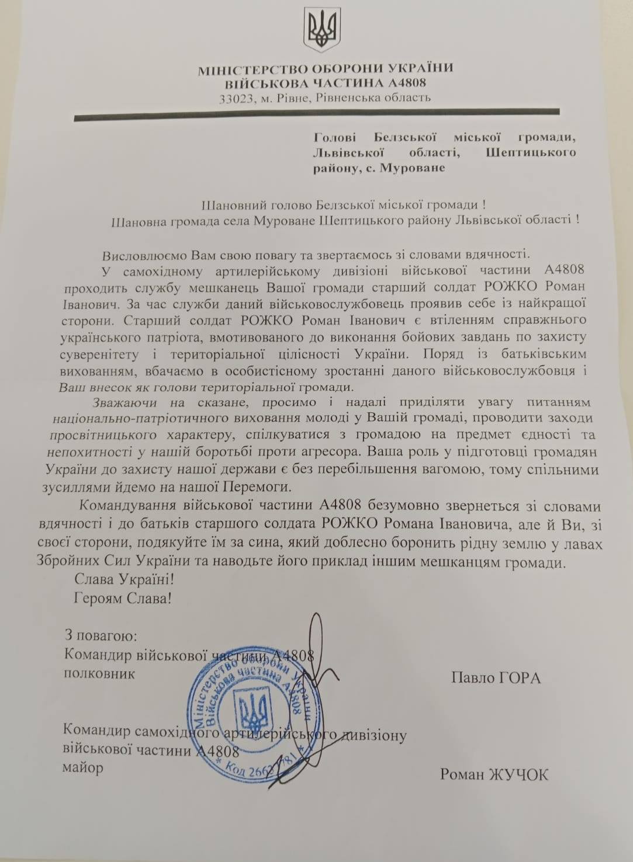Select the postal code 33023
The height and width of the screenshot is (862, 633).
236,99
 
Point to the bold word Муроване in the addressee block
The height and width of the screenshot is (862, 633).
413,168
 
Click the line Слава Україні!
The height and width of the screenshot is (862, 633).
124,580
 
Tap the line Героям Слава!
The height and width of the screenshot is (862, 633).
123,599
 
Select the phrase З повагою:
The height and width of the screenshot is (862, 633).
101,635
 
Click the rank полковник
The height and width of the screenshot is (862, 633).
99,673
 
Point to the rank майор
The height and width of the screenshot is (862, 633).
82,767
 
